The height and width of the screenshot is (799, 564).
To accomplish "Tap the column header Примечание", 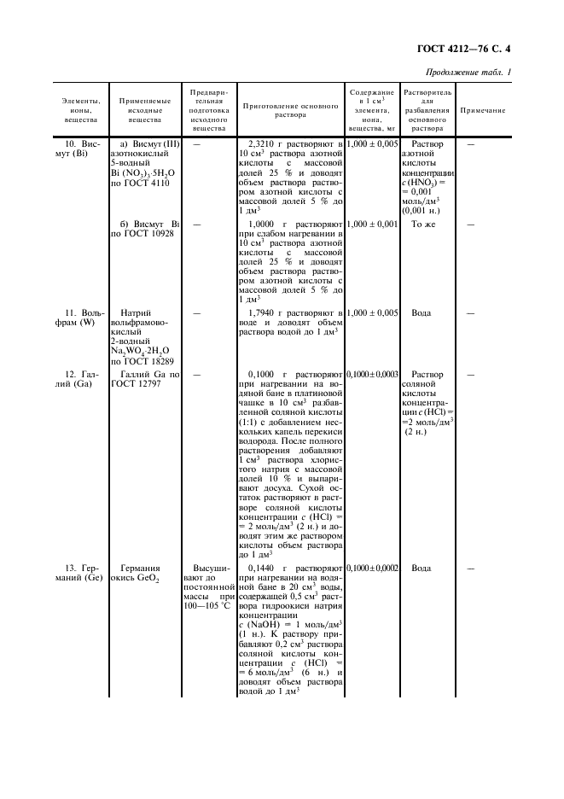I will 482,111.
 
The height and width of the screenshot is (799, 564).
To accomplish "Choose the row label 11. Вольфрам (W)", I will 78,318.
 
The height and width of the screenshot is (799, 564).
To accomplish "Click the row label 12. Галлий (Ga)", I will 78,380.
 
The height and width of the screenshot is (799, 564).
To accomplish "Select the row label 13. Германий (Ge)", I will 78,574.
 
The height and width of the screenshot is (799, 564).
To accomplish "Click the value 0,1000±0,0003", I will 373,375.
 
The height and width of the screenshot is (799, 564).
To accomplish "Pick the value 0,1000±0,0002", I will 373,568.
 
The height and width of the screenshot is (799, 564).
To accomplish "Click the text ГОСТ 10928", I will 147,235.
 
